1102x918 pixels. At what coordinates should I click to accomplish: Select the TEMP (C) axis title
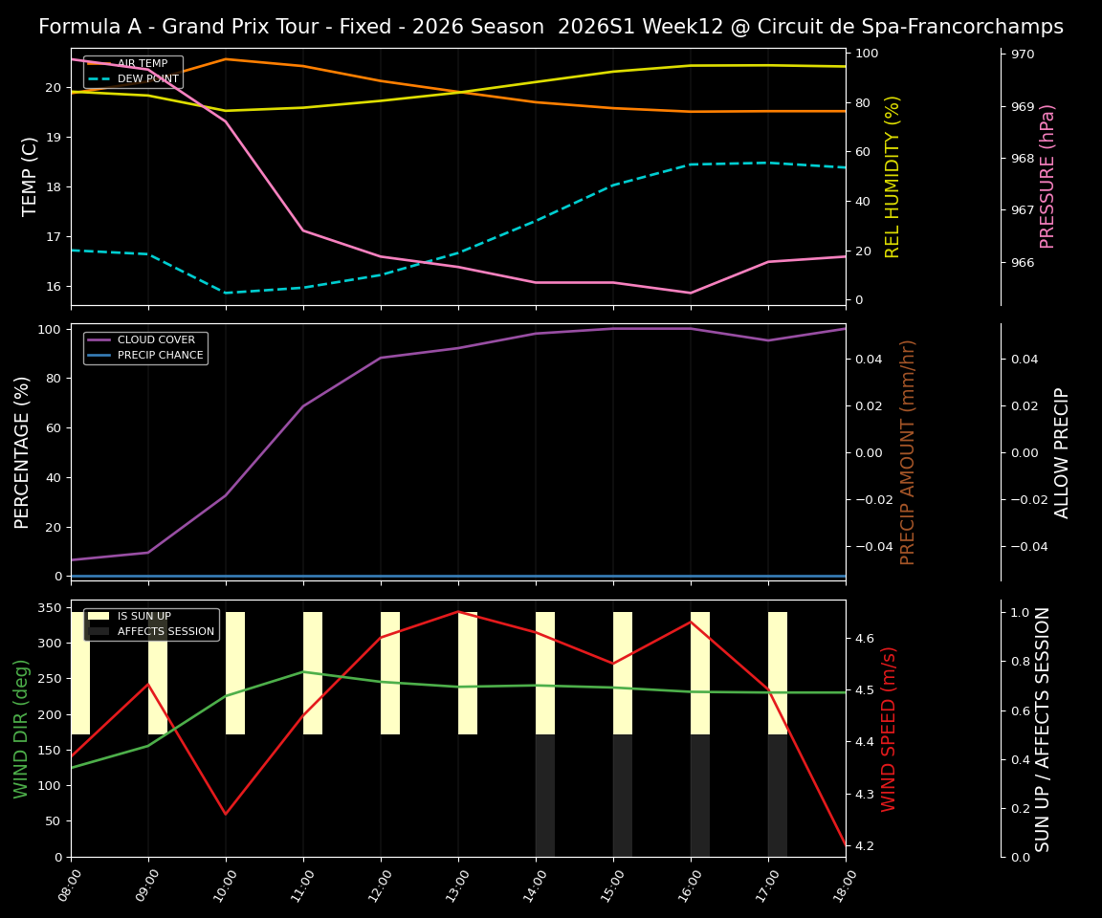click(x=30, y=176)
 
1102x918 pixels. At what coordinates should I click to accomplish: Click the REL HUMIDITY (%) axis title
click(x=893, y=176)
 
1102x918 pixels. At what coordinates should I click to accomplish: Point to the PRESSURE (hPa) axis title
click(x=1047, y=176)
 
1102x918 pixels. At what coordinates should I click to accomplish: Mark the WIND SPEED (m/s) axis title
click(x=890, y=728)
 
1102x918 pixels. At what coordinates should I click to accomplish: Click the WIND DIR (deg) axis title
click(x=21, y=728)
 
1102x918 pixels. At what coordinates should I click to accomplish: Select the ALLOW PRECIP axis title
click(x=1062, y=452)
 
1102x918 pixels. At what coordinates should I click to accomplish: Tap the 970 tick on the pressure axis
click(x=1023, y=55)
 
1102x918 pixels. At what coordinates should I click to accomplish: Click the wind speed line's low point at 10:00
click(x=226, y=814)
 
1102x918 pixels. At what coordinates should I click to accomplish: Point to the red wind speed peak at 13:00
click(x=458, y=612)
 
